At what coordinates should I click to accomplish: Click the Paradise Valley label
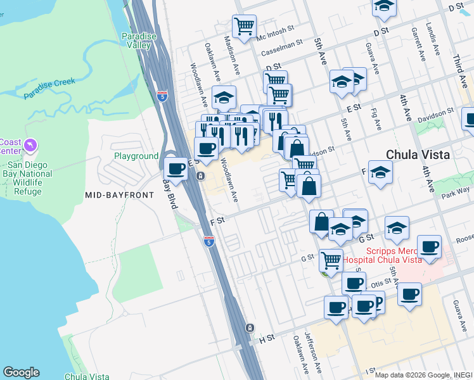pyautogui.click(x=139, y=41)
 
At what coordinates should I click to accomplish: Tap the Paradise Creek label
pyautogui.click(x=49, y=89)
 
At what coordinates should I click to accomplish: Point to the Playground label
pyautogui.click(x=136, y=156)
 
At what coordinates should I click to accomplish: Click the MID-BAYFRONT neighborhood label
pyautogui.click(x=119, y=195)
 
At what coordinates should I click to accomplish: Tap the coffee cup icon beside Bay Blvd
pyautogui.click(x=176, y=169)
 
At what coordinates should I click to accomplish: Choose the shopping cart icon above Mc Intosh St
pyautogui.click(x=244, y=27)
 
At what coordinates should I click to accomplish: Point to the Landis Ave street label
pyautogui.click(x=434, y=39)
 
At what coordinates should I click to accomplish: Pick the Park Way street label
pyautogui.click(x=457, y=191)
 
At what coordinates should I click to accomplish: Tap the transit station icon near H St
pyautogui.click(x=250, y=327)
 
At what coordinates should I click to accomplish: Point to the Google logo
pyautogui.click(x=21, y=372)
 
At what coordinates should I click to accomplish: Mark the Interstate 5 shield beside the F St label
pyautogui.click(x=209, y=241)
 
